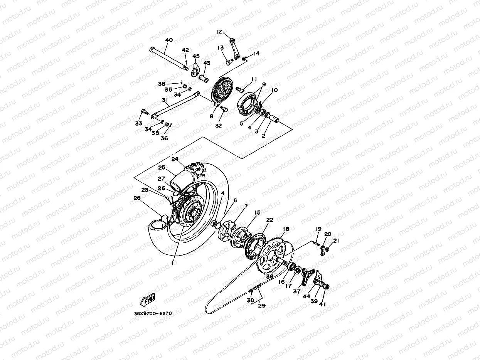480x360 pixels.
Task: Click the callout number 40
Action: click(x=169, y=40)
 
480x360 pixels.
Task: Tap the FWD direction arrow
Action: click(x=147, y=299)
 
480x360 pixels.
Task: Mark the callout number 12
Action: click(x=219, y=32)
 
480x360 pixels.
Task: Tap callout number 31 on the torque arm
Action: click(x=165, y=101)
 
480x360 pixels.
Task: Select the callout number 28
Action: click(x=137, y=198)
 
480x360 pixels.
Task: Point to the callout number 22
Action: click(x=269, y=220)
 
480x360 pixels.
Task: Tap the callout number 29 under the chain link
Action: click(x=262, y=306)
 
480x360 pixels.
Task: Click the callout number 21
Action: click(x=336, y=241)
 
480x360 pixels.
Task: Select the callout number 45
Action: click(x=196, y=56)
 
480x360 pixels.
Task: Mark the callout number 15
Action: click(x=257, y=212)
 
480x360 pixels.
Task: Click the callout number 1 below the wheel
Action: click(x=173, y=264)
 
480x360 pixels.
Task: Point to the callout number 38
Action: click(x=269, y=276)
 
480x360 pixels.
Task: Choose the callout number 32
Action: click(x=219, y=126)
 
